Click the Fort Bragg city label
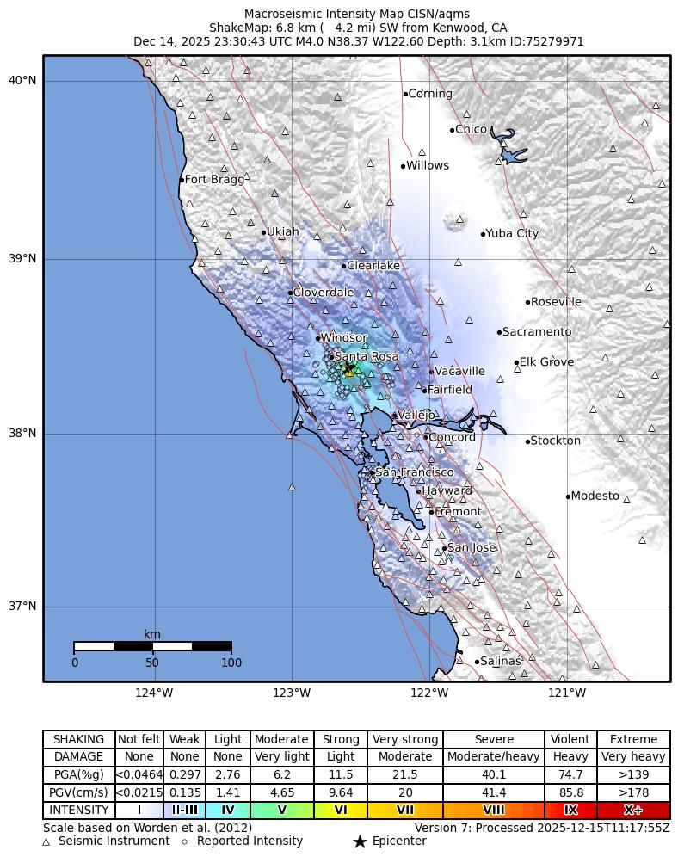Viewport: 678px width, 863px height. [214, 180]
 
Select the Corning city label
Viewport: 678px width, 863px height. [430, 94]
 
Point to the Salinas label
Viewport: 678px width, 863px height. [501, 662]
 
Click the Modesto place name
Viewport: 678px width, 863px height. [595, 496]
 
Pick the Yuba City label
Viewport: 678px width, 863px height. [513, 234]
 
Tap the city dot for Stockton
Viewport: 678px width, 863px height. [527, 441]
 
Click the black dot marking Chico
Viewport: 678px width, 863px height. [452, 130]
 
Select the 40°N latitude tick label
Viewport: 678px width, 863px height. [22, 81]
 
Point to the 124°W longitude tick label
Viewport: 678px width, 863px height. [154, 693]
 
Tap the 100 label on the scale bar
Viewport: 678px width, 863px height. [231, 663]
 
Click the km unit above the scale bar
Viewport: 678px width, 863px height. [152, 635]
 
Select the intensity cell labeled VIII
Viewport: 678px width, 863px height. [494, 811]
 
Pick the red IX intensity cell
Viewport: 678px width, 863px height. [570, 811]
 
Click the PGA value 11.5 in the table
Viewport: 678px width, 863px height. [341, 775]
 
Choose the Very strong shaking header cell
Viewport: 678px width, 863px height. [405, 740]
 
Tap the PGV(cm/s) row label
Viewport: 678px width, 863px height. [79, 793]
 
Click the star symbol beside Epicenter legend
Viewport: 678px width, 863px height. [360, 841]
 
